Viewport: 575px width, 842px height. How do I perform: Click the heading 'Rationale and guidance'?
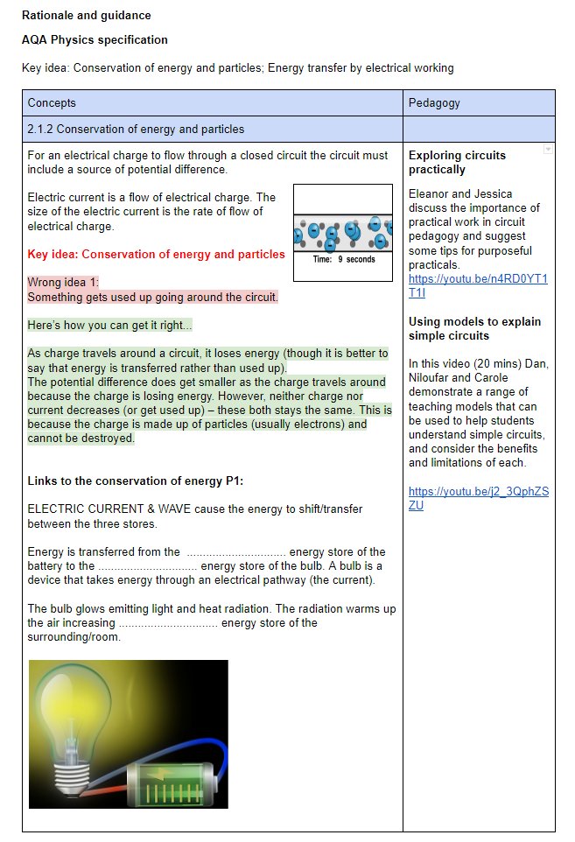point(86,15)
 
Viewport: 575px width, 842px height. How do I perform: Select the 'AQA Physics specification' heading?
point(95,39)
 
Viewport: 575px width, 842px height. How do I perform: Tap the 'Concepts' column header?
point(52,102)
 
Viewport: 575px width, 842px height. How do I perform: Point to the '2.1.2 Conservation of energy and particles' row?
point(136,129)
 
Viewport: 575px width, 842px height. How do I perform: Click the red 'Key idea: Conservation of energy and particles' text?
point(156,254)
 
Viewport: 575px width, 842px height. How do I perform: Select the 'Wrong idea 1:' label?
point(63,283)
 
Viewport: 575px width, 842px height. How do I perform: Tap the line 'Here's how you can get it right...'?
point(109,325)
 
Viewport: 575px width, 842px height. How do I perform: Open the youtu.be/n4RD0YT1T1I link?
point(477,285)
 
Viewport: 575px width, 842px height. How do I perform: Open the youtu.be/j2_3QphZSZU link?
point(478,498)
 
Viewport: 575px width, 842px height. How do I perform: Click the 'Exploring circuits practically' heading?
point(457,162)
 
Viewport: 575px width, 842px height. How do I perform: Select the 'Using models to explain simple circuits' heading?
point(474,328)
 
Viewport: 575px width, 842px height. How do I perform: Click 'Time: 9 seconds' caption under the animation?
point(343,260)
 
